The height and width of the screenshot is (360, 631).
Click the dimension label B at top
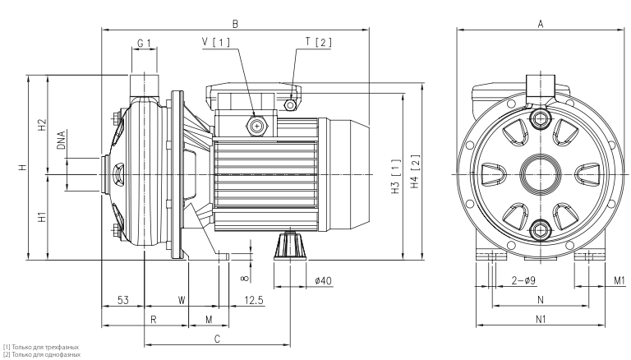[235, 24]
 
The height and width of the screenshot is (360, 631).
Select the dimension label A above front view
[541, 24]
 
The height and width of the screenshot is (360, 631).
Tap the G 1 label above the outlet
[144, 43]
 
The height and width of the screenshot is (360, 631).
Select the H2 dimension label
[41, 126]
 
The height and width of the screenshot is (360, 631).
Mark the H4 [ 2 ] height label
[415, 171]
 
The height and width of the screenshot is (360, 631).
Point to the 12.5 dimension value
[254, 301]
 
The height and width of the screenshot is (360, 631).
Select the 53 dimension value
[122, 301]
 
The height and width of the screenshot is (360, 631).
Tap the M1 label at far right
[620, 281]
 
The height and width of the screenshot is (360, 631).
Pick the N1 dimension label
[541, 318]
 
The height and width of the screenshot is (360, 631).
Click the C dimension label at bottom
[217, 338]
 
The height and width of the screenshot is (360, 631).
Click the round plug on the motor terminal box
[258, 126]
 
